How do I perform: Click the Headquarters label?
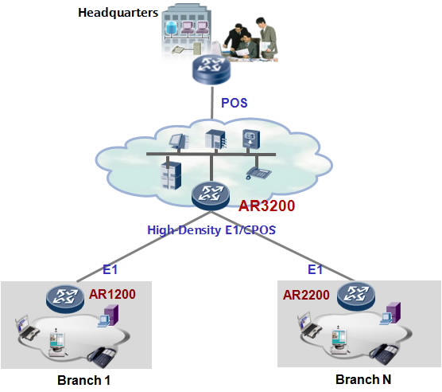point(115,14)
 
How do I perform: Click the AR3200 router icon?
point(211,194)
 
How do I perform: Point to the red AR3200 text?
point(267,206)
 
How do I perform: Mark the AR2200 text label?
point(307,295)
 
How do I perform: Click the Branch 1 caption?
point(83,379)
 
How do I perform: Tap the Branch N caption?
point(363,379)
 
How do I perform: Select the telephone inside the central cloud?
point(256,171)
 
